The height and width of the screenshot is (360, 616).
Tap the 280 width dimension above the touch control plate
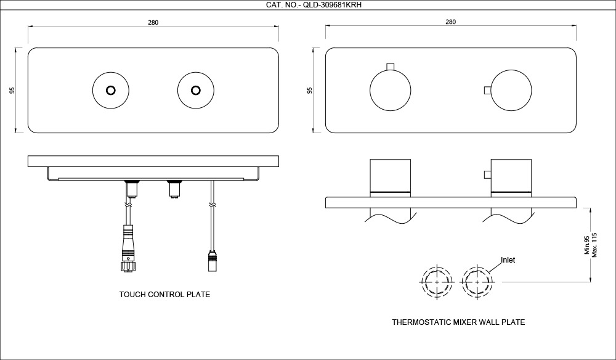coord(153,22)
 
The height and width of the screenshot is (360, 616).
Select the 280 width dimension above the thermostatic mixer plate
coord(451,22)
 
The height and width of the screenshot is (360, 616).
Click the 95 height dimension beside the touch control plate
coord(12,91)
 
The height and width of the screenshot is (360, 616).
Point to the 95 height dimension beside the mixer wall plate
coord(310,91)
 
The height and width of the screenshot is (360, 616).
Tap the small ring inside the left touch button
coord(111,91)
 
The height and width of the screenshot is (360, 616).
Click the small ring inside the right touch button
coord(196,91)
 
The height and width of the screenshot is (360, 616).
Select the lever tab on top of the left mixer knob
coord(390,67)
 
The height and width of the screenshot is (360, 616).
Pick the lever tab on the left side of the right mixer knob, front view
coord(487,91)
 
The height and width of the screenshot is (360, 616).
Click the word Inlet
coord(508,260)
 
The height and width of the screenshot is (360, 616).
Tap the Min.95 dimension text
coord(587,245)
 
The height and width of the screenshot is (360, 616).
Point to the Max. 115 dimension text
coord(594,245)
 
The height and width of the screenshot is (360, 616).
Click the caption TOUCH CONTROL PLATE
coord(164,295)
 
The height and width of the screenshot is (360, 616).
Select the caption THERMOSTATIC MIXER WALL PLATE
coord(458,322)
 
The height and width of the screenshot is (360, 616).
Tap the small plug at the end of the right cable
coord(212,261)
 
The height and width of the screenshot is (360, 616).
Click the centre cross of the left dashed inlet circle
coord(437,282)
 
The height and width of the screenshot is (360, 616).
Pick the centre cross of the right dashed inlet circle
coord(477,282)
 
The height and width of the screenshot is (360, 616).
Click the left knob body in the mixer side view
coord(391,175)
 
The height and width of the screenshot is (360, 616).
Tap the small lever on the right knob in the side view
coord(487,174)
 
